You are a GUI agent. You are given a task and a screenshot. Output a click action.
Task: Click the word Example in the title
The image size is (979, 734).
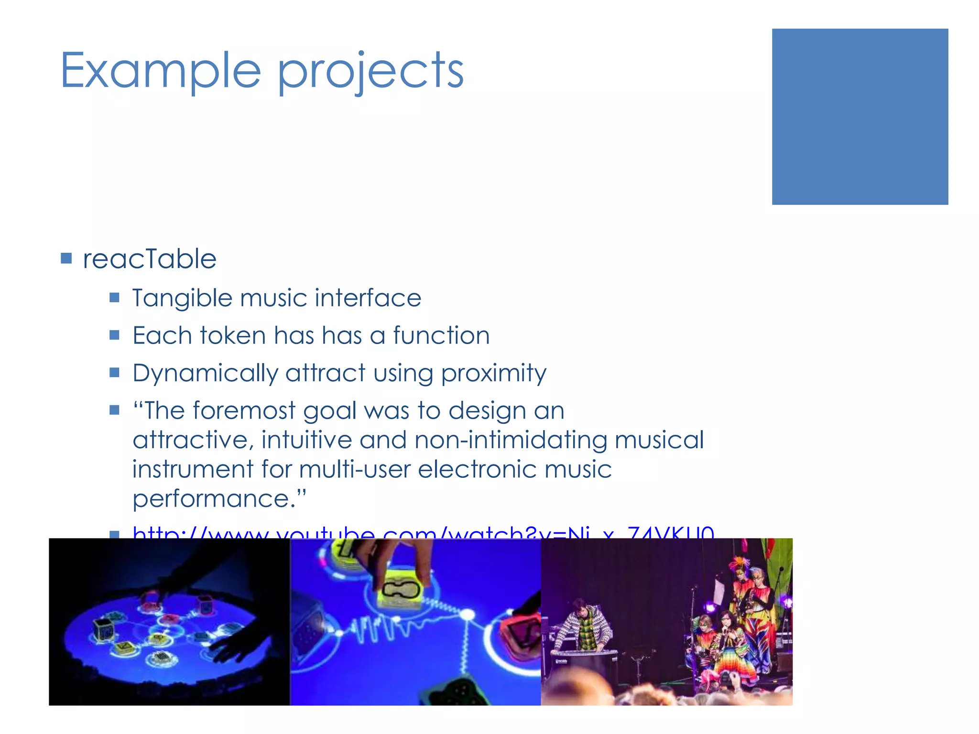(x=160, y=71)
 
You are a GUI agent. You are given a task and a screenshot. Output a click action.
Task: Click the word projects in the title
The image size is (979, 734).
(x=370, y=72)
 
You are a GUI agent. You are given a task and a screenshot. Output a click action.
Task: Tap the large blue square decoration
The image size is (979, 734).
(x=859, y=117)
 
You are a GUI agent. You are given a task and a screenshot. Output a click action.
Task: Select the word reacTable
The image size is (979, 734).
(x=150, y=259)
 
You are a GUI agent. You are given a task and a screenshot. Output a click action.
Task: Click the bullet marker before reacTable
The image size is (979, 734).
(x=66, y=259)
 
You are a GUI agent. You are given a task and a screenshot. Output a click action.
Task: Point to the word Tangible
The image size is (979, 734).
(x=182, y=299)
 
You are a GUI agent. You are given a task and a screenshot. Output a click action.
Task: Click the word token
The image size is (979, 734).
(x=232, y=335)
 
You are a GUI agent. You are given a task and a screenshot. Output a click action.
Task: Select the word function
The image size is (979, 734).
(x=441, y=335)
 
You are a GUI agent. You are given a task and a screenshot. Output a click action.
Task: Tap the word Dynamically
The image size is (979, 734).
(x=205, y=373)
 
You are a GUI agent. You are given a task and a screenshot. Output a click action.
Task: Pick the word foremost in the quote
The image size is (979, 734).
(x=244, y=410)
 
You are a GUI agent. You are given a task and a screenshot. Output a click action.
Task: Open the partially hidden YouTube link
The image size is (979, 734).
(x=423, y=532)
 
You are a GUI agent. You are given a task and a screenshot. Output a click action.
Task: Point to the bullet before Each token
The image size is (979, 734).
(x=114, y=335)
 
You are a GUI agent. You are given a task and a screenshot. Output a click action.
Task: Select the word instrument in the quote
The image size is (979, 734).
(x=193, y=469)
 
